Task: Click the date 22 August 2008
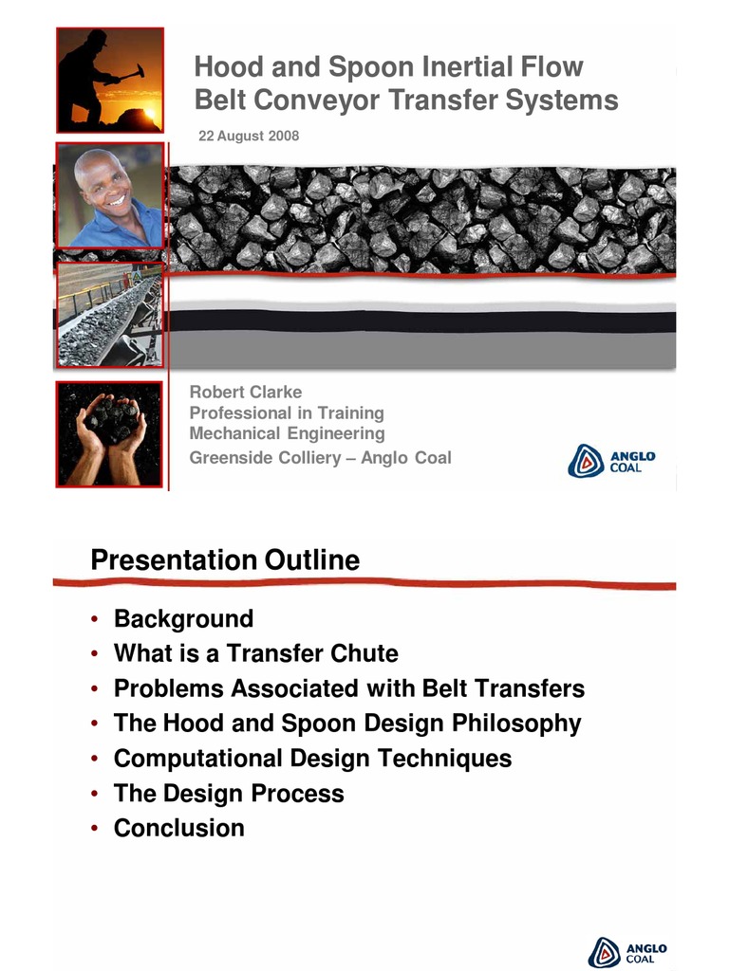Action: [x=249, y=137]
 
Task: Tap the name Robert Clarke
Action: [x=246, y=392]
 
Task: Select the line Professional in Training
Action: [x=287, y=412]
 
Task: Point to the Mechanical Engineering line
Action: [x=287, y=433]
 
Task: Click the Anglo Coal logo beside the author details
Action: [x=611, y=461]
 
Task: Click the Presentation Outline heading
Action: [x=225, y=560]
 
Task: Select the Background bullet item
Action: [x=183, y=619]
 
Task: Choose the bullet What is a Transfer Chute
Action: [x=255, y=653]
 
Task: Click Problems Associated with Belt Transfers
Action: [x=348, y=688]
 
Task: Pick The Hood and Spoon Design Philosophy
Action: [x=346, y=724]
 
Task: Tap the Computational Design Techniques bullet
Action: [x=312, y=759]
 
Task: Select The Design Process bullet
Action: [x=229, y=793]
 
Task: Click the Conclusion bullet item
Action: [x=178, y=828]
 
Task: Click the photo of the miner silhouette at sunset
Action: [x=109, y=81]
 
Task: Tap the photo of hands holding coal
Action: [x=110, y=433]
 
